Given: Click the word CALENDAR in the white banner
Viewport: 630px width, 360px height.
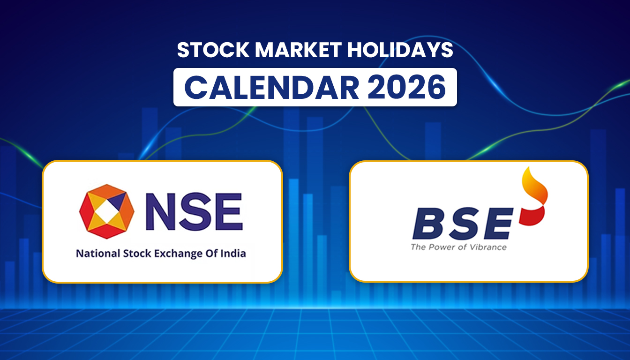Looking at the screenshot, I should tap(272, 87).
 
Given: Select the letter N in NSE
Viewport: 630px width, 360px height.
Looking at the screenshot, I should tap(160, 211).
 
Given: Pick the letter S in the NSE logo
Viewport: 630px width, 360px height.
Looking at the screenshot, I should tap(196, 211).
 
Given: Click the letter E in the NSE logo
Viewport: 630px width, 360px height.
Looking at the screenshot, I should tap(228, 211).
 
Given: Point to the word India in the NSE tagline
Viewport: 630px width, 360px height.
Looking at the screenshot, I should tap(234, 254).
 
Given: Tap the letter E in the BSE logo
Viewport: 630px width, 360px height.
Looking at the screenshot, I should tap(498, 225).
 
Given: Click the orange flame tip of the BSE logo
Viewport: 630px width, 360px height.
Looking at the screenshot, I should tap(536, 187).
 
